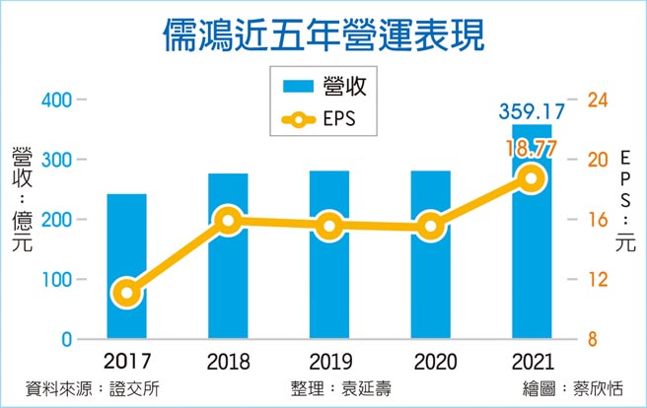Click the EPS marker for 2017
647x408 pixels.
point(126,292)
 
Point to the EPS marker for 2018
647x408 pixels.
point(228,221)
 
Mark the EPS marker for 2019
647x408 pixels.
point(329,227)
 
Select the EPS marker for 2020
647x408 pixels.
point(430,227)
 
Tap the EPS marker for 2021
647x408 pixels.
point(532,178)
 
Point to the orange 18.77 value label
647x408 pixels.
point(532,148)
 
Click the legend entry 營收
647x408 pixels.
point(325,87)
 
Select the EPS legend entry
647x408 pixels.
point(325,119)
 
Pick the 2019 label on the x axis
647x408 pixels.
point(329,361)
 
